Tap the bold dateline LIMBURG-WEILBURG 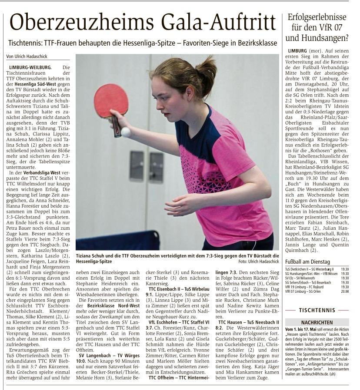(x=30, y=67)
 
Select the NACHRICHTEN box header (x=317, y=323)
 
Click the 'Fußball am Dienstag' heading (x=308, y=262)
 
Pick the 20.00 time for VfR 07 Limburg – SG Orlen (x=345, y=291)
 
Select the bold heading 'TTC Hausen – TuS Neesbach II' (x=247, y=322)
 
